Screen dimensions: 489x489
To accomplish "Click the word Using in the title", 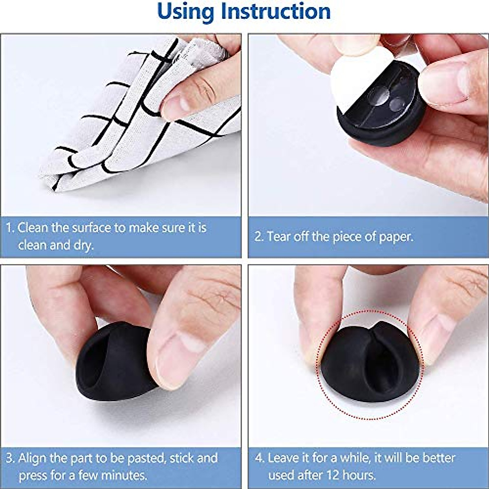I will point(186,12).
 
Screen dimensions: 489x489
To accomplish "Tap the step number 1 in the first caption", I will point(10,228).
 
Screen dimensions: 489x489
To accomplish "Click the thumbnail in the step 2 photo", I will point(444,81).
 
